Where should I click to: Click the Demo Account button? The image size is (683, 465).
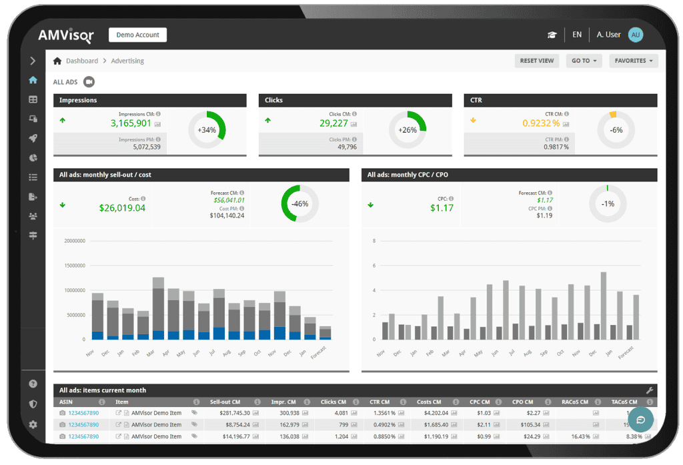click(137, 35)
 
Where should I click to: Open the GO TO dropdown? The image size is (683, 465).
click(584, 61)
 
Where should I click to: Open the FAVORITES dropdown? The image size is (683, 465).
click(634, 61)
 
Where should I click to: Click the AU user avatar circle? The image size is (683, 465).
click(636, 35)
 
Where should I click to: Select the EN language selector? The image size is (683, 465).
click(577, 35)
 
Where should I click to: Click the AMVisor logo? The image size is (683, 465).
click(65, 35)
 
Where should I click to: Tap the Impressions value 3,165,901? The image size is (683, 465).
click(131, 123)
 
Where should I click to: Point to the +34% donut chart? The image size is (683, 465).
click(207, 130)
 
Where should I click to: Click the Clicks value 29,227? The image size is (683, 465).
click(333, 123)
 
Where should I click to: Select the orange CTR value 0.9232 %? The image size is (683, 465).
click(541, 123)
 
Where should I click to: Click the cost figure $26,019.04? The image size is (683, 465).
click(122, 208)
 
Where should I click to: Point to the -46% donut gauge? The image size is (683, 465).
click(299, 203)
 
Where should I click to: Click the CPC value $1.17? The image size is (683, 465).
click(442, 208)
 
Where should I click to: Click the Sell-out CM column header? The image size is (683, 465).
click(225, 402)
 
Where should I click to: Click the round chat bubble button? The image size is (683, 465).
click(640, 420)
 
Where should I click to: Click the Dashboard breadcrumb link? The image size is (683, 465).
click(81, 61)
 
